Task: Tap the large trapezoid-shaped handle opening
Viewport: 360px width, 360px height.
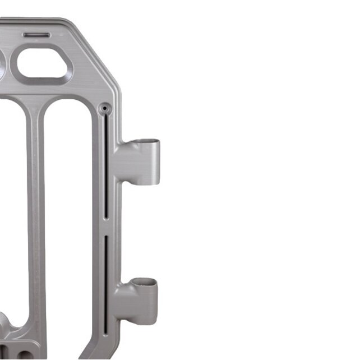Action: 44,66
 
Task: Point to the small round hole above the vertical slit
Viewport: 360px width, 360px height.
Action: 103,107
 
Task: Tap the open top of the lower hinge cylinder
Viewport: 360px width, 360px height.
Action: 145,282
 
